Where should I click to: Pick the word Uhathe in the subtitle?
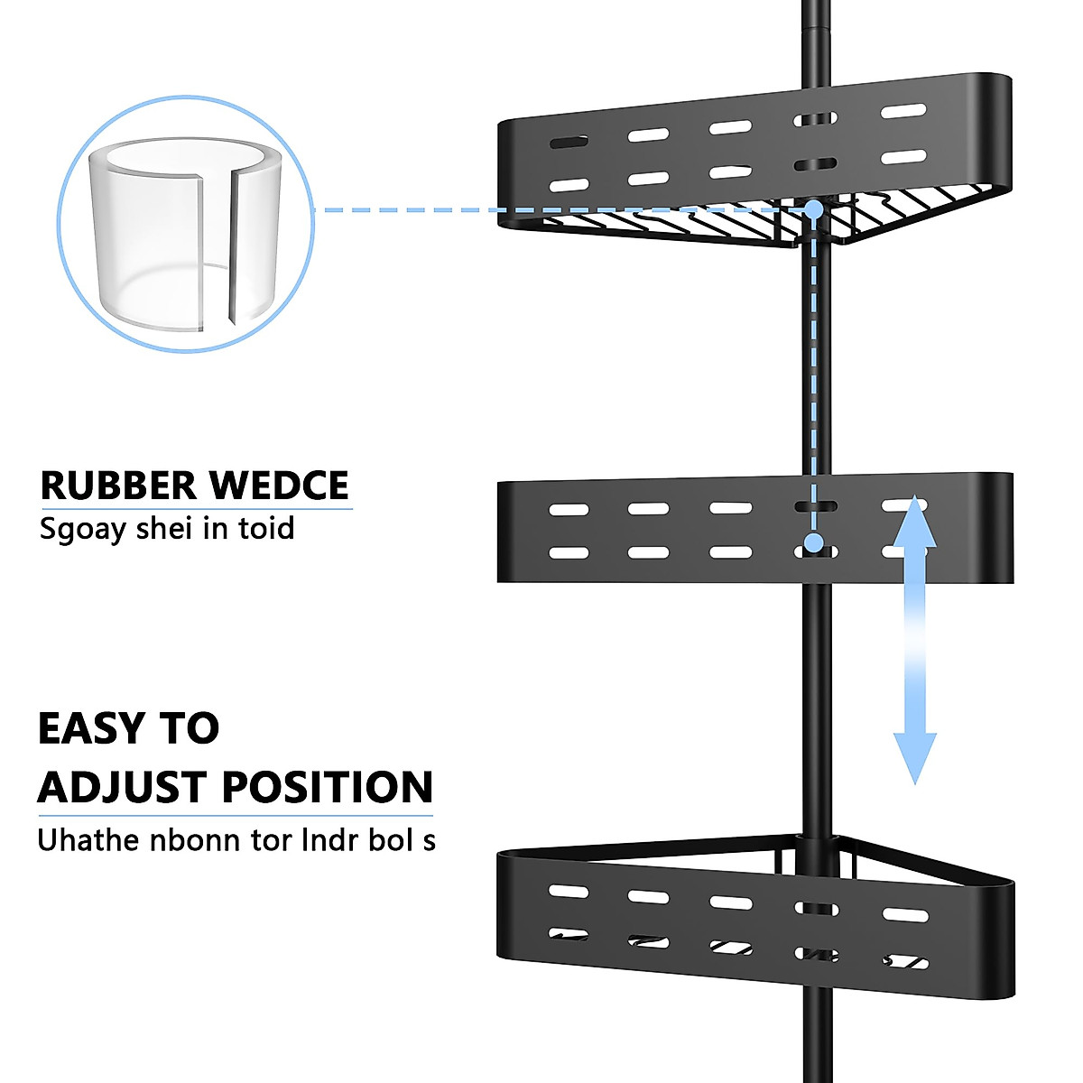click(x=88, y=840)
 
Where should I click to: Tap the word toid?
click(x=266, y=528)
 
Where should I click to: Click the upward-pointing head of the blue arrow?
click(x=914, y=523)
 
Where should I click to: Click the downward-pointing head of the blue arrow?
click(x=914, y=758)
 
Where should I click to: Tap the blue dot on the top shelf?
click(x=813, y=209)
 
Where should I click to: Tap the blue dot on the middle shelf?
click(x=814, y=543)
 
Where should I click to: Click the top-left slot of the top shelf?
click(x=568, y=143)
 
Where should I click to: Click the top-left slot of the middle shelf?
click(x=569, y=510)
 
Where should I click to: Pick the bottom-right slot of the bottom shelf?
click(x=904, y=962)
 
